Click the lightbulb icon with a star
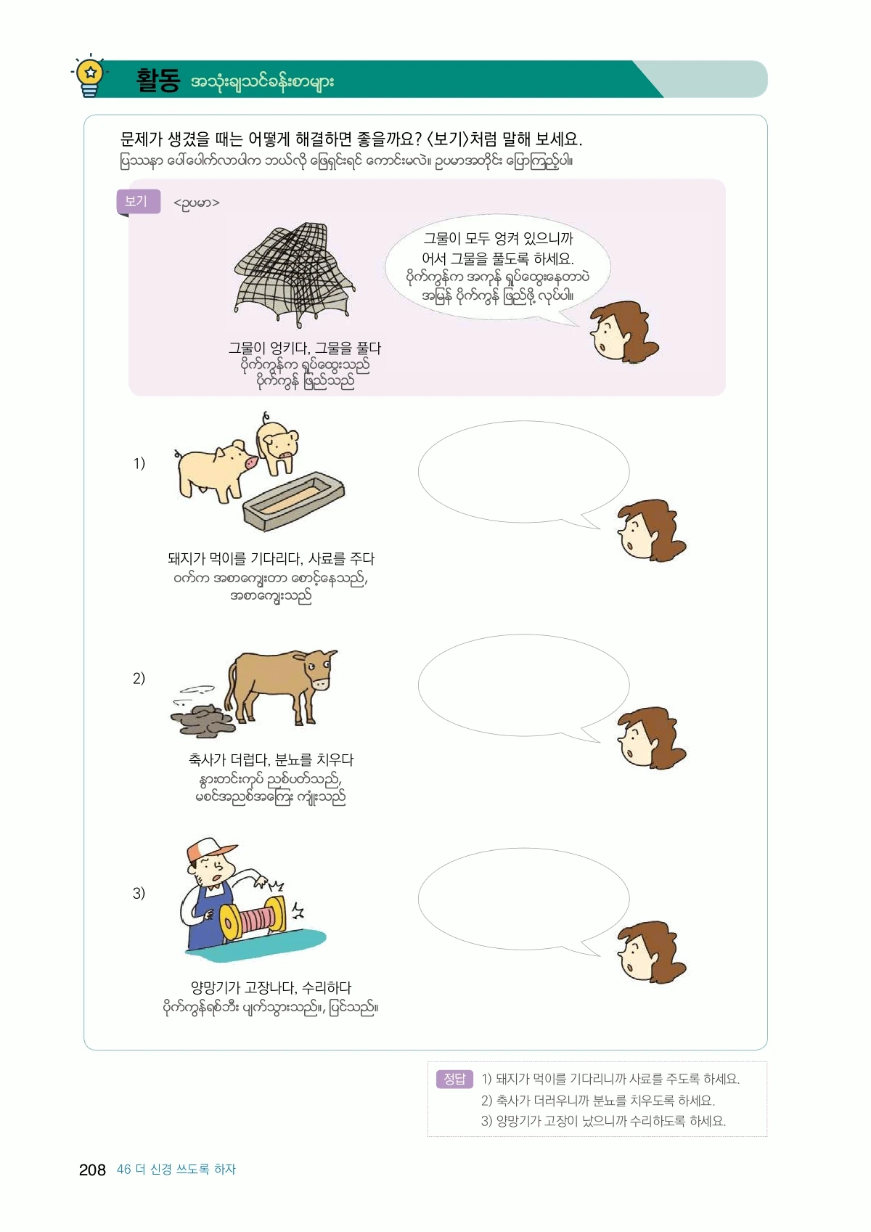(x=89, y=77)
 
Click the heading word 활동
(x=158, y=81)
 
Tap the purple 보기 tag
(x=138, y=202)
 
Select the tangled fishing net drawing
(x=294, y=274)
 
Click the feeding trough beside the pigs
(x=294, y=500)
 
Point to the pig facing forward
(x=278, y=444)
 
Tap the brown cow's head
(x=319, y=668)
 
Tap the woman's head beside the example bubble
(x=623, y=330)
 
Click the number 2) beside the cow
(x=139, y=678)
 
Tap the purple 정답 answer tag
(x=454, y=1079)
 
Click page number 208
(x=92, y=1170)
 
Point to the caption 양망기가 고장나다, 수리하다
(x=271, y=987)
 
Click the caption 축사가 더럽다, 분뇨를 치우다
(x=271, y=759)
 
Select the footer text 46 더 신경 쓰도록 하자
(x=176, y=1170)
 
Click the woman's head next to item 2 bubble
(x=650, y=738)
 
